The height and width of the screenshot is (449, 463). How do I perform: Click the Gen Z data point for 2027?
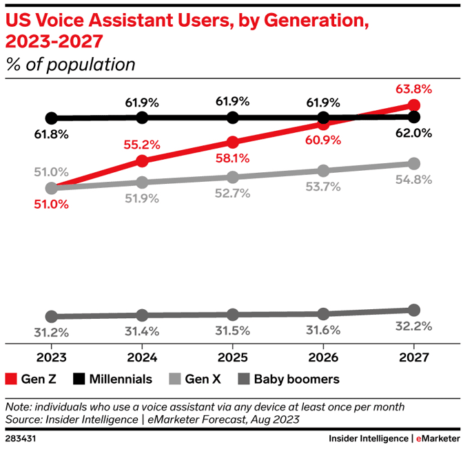pyautogui.click(x=413, y=105)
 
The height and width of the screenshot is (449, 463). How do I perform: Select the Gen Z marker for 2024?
pyautogui.click(x=142, y=161)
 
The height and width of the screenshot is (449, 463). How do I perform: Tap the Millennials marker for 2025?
pyautogui.click(x=233, y=118)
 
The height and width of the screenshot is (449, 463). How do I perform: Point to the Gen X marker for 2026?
pyautogui.click(x=323, y=170)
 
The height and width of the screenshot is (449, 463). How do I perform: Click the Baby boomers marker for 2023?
pyautogui.click(x=51, y=317)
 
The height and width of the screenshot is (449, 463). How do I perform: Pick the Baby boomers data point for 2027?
pyautogui.click(x=413, y=310)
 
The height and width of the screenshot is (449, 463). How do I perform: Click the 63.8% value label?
pyautogui.click(x=413, y=88)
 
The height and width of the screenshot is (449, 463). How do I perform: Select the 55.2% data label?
pyautogui.click(x=142, y=145)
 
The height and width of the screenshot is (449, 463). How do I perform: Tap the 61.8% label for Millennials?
pyautogui.click(x=51, y=134)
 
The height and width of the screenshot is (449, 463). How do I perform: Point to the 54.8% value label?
pyautogui.click(x=413, y=180)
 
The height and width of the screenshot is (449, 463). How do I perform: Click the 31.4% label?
pyautogui.click(x=142, y=331)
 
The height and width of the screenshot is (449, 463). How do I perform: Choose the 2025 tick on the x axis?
pyautogui.click(x=233, y=357)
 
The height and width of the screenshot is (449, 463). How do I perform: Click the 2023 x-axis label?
pyautogui.click(x=51, y=357)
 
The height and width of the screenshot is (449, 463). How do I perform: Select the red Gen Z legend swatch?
pyautogui.click(x=11, y=379)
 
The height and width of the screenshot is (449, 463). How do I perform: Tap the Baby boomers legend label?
pyautogui.click(x=296, y=379)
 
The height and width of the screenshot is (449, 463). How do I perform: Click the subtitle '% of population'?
pyautogui.click(x=70, y=65)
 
